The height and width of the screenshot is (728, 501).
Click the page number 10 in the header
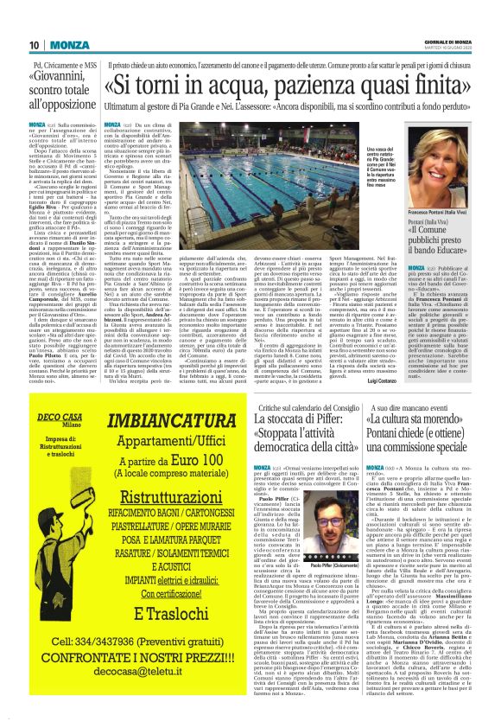pyautogui.click(x=35, y=44)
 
